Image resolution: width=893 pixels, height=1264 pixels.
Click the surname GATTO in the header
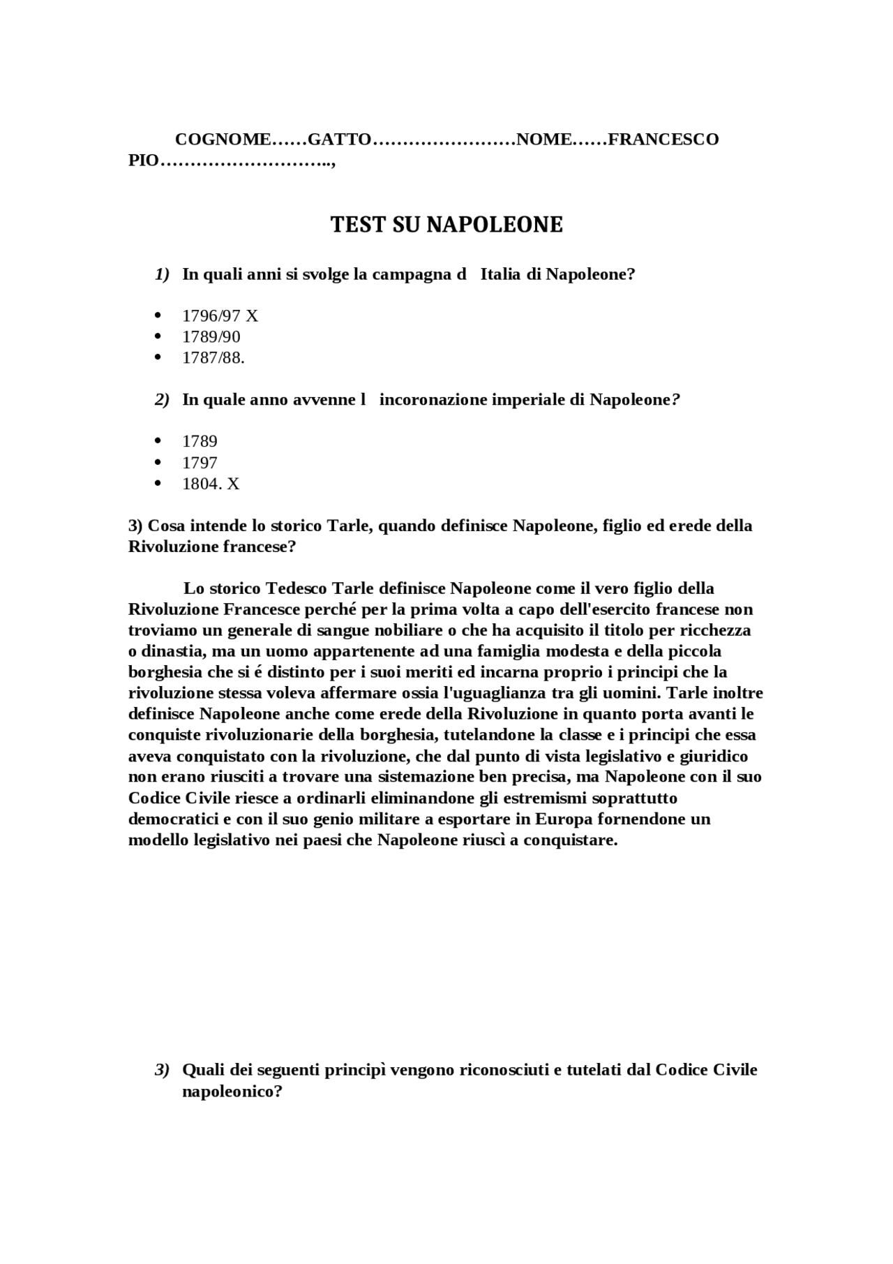tap(339, 140)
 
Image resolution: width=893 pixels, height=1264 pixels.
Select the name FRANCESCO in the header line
tap(663, 140)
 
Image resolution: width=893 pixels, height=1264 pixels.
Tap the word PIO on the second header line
tap(144, 161)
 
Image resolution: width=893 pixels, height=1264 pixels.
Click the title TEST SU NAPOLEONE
tap(446, 225)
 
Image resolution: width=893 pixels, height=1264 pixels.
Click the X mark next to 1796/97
tap(252, 316)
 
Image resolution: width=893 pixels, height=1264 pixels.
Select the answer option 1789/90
tap(211, 337)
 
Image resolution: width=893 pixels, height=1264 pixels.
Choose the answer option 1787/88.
tap(213, 358)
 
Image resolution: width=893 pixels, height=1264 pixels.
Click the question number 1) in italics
tap(162, 274)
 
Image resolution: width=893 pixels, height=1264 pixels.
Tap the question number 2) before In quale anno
tap(162, 400)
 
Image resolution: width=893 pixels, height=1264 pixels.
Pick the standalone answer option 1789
tap(200, 442)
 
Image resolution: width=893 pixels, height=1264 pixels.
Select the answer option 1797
tap(200, 463)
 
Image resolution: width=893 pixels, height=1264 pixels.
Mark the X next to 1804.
tap(234, 484)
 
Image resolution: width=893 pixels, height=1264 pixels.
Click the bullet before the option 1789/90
tap(158, 336)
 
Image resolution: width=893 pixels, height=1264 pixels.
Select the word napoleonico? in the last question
tap(232, 1091)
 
